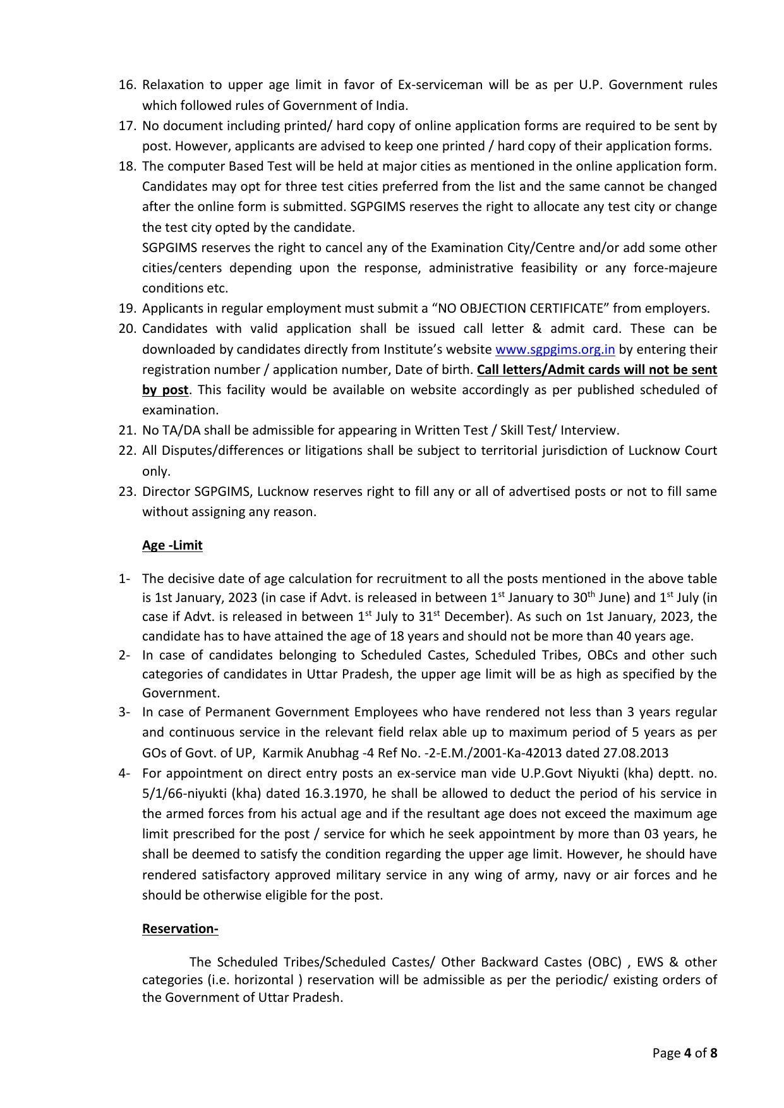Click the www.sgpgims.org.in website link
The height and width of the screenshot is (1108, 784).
point(555,349)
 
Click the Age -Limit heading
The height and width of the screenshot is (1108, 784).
point(172,545)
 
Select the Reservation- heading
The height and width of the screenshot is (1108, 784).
point(180,929)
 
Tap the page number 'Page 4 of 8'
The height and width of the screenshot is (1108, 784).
point(685,1053)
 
